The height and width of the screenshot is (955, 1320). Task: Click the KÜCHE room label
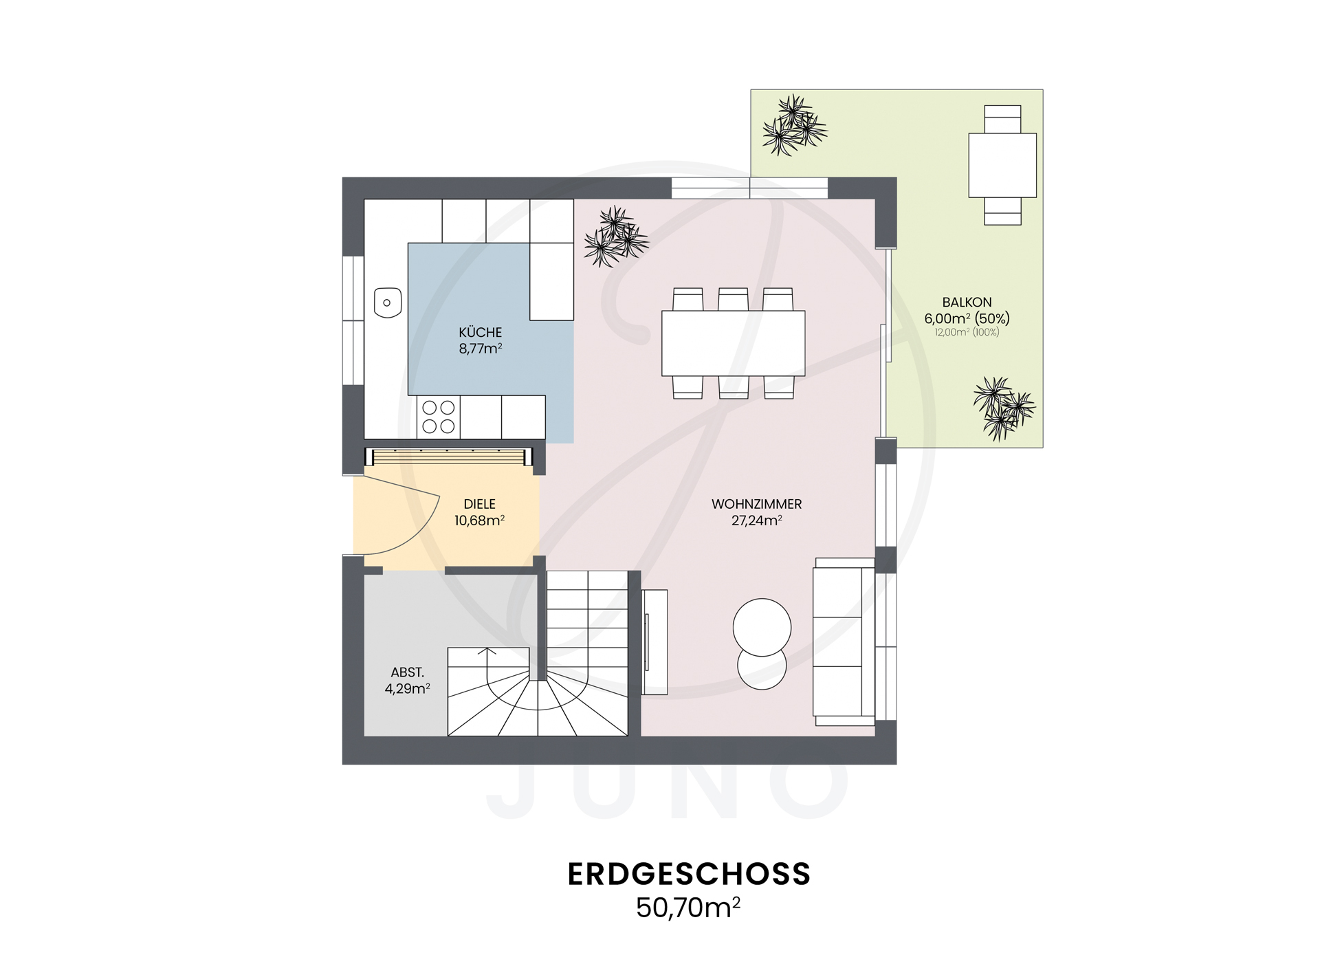pos(480,332)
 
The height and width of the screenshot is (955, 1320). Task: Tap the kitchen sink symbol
pos(387,303)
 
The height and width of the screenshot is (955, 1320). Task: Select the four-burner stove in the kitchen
pos(438,417)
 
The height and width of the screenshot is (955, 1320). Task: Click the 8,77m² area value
pos(480,349)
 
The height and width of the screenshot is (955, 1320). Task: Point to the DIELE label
pos(479,504)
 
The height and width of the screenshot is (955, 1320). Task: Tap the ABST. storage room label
pos(407,672)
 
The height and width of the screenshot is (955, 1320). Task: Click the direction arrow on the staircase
pos(487,654)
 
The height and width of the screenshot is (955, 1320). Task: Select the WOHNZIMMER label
pos(756,504)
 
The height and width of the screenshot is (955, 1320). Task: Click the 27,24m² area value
pos(756,520)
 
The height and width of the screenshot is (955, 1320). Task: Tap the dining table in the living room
pos(733,343)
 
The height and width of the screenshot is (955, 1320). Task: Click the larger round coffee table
pos(762,627)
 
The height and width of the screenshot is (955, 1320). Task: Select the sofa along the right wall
pos(843,641)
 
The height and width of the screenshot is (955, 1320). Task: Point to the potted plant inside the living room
pos(615,237)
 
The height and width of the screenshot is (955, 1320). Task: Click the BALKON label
pos(967,302)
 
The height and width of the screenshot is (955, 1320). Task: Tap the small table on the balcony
pos(1002,165)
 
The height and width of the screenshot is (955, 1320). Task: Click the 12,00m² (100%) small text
pos(967,333)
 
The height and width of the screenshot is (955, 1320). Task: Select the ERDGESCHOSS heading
pos(689,874)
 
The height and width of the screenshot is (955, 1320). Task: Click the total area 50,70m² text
pos(687,908)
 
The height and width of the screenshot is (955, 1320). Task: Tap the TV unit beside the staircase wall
pos(654,641)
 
